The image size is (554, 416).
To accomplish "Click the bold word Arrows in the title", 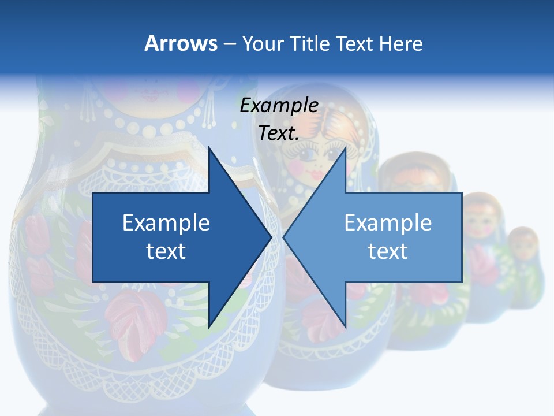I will click(181, 43).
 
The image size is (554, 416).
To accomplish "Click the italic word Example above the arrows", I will click(279, 106).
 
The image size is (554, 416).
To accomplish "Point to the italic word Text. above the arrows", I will click(279, 133).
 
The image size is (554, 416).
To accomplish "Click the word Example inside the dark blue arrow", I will click(166, 222).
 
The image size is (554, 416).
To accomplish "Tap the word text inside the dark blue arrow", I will click(166, 251).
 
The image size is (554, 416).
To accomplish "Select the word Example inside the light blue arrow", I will click(388, 222).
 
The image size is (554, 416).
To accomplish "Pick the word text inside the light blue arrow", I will click(388, 251).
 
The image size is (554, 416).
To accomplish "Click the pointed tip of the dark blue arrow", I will click(270, 236).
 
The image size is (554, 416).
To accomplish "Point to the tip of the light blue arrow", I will click(285, 236).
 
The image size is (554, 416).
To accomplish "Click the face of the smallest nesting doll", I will click(523, 247).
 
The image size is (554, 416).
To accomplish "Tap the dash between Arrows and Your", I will click(229, 44).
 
